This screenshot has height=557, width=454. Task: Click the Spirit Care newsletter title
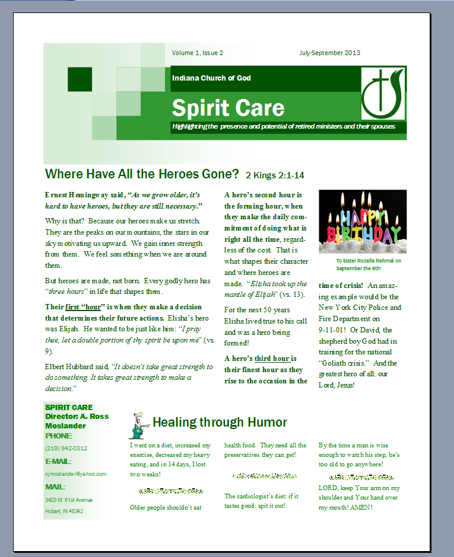(x=228, y=108)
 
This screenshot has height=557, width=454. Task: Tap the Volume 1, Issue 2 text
(x=197, y=53)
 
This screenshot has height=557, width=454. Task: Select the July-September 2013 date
(x=329, y=53)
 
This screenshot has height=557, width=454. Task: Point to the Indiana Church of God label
(x=211, y=78)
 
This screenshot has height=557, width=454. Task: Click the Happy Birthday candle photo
(x=363, y=221)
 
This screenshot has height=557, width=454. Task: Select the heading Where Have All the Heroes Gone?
(x=142, y=174)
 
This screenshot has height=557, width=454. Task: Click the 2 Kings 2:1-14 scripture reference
(x=275, y=175)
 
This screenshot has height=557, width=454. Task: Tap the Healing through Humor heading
(x=220, y=422)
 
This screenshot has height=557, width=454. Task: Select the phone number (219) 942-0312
(x=66, y=449)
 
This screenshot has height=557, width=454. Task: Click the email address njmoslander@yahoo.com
(x=75, y=474)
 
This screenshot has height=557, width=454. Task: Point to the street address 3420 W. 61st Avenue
(x=69, y=500)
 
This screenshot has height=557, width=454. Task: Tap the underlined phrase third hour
(x=272, y=358)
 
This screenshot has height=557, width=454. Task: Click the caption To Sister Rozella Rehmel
(x=368, y=260)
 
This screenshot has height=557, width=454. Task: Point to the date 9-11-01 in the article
(x=335, y=329)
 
